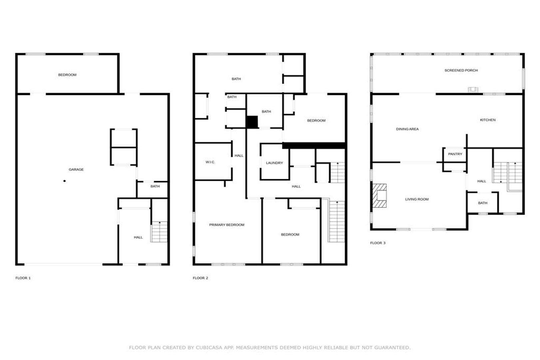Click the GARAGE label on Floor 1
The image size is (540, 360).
coord(76,170)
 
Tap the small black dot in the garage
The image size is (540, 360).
coord(64,181)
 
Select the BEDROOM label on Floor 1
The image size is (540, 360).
coord(67,75)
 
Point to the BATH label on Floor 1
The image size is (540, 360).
coord(155,186)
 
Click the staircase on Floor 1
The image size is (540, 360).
coord(159,232)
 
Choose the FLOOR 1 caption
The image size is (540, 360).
coord(23,278)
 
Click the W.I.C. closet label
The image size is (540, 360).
coord(210,162)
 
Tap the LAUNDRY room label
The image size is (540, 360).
coord(274,163)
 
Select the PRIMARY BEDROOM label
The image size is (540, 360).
coord(227,225)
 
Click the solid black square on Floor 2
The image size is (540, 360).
coord(252,122)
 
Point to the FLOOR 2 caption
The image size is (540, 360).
coord(200,278)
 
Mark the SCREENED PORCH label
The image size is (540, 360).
coord(461,70)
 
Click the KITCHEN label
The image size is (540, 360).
coord(488,120)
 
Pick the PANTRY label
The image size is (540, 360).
coord(455,154)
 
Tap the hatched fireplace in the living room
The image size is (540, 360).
coord(379,196)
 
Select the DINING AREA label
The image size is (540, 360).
coord(407,129)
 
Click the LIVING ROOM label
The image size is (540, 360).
coord(417,199)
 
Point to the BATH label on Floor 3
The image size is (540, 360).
coord(483,203)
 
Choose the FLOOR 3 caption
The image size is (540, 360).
coord(378,243)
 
